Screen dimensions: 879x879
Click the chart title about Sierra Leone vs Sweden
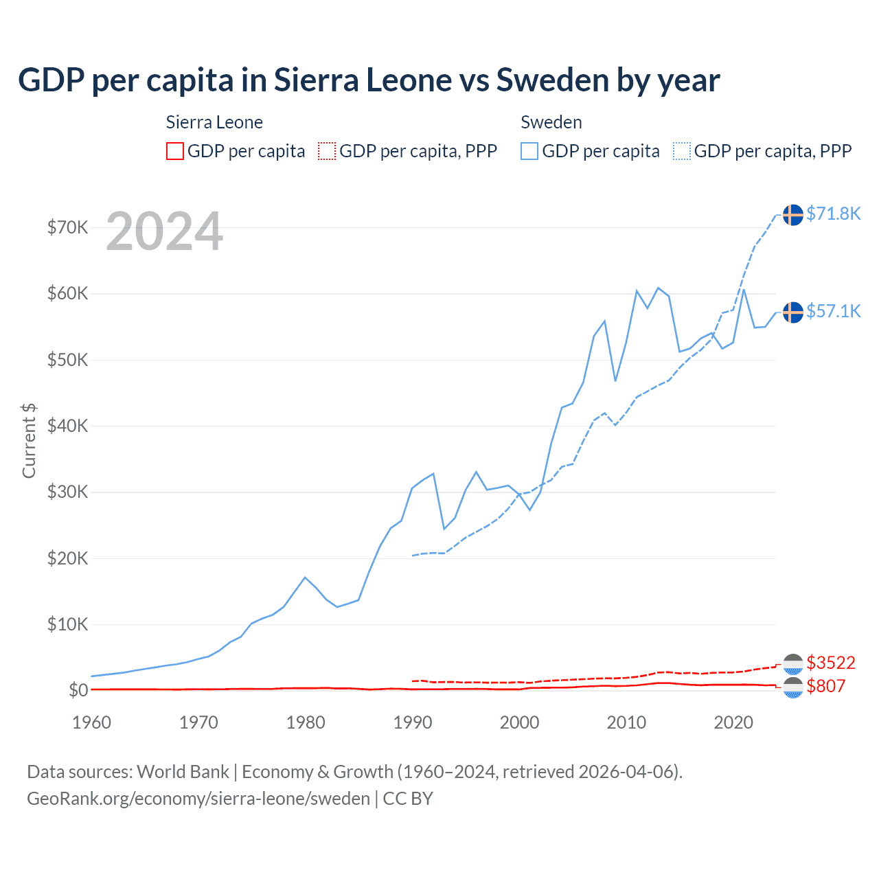[x=369, y=80]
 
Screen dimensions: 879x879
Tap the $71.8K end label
[x=833, y=214]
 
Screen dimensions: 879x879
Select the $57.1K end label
[x=833, y=311]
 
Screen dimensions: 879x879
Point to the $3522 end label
[x=831, y=663]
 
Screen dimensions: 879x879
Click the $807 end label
[x=826, y=686]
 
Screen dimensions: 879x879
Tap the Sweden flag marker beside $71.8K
[x=793, y=214]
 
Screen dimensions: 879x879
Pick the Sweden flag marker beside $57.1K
[x=793, y=312]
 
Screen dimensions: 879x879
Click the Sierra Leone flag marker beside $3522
[x=793, y=664]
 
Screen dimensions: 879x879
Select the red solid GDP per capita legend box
[x=175, y=151]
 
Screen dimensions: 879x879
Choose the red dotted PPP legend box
[x=327, y=151]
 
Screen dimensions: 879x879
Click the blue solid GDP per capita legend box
[x=529, y=151]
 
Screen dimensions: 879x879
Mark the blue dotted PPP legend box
[x=682, y=151]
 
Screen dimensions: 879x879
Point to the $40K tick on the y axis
[x=67, y=426]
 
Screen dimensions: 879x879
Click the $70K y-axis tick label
[x=67, y=227]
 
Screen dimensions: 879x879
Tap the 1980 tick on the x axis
[x=306, y=722]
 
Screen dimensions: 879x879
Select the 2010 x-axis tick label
[x=626, y=722]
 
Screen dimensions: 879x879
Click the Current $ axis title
[x=29, y=441]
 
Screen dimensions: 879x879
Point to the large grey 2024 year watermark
[x=164, y=231]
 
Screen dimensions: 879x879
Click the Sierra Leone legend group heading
[x=214, y=122]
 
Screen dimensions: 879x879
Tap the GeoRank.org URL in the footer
[x=198, y=799]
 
